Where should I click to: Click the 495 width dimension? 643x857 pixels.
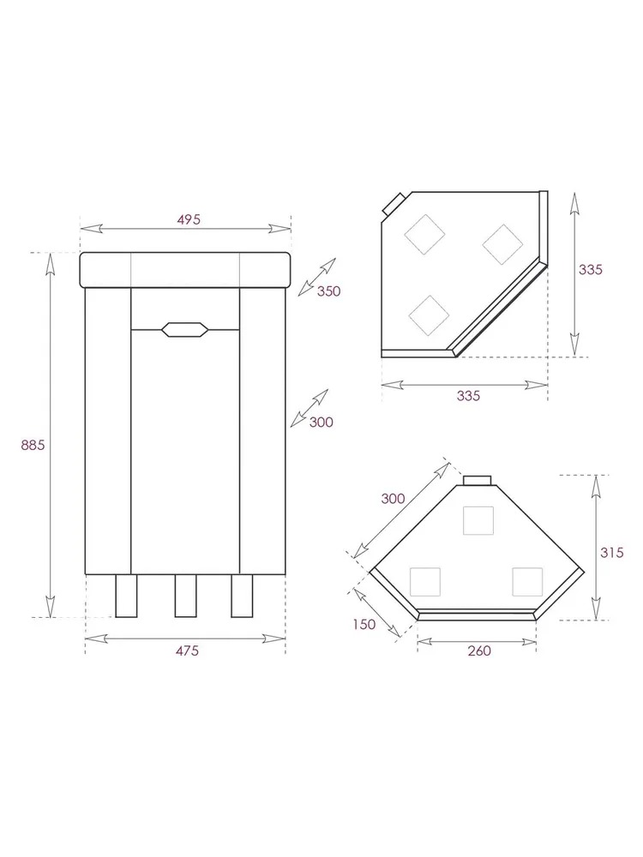click(x=189, y=219)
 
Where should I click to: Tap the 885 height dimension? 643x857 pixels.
click(x=33, y=445)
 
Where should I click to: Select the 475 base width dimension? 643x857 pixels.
click(x=187, y=651)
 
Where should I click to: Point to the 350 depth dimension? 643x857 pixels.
click(x=328, y=291)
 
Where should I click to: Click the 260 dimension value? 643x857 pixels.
click(x=479, y=650)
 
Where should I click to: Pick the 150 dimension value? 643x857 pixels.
click(x=364, y=624)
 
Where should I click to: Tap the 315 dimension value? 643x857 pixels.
click(x=612, y=553)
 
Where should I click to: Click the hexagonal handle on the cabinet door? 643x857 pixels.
click(x=185, y=329)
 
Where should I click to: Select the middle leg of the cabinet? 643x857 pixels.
click(x=185, y=596)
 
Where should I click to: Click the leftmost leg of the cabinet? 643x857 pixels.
click(x=126, y=596)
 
